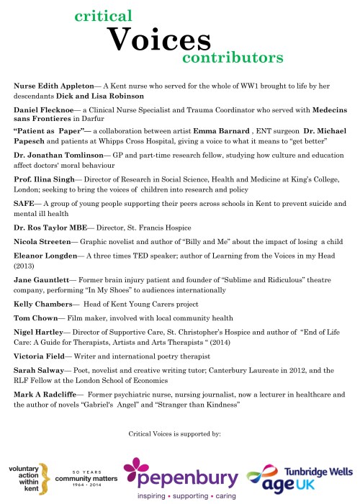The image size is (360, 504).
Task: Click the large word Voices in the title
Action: click(159, 38)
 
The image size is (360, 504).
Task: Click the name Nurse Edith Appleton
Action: click(55, 85)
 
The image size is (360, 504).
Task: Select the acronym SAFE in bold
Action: click(25, 204)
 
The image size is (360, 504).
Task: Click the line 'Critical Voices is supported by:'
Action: click(180, 434)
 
